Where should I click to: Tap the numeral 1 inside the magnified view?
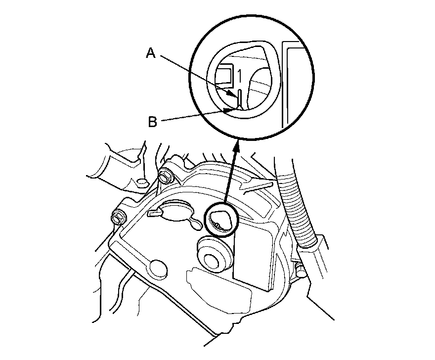click(x=239, y=76)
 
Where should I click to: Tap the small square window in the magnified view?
click(x=225, y=74)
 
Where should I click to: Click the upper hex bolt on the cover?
click(x=165, y=175)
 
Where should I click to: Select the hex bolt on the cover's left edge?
click(x=118, y=217)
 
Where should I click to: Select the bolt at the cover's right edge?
click(x=299, y=270)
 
